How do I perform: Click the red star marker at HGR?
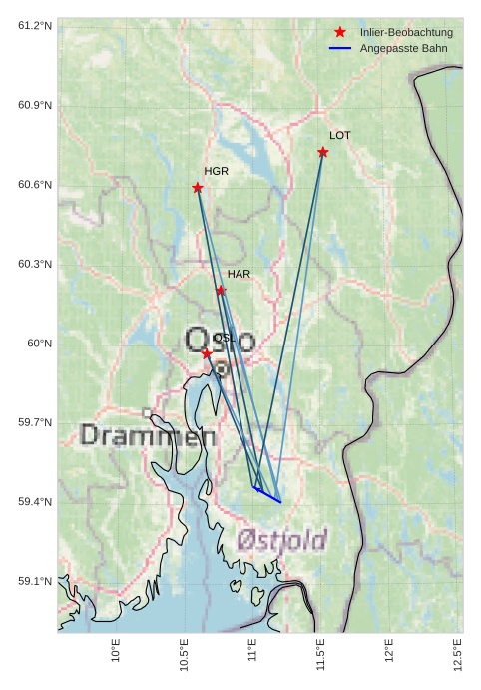coord(198,188)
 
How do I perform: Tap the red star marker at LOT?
coord(323,152)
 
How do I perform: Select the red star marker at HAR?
coord(221,290)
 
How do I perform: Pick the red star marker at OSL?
coord(207,353)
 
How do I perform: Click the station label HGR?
coord(216,171)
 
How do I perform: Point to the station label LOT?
coord(340,135)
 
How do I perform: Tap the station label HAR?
coord(239,273)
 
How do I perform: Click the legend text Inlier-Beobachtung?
coord(406,33)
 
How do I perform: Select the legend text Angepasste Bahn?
coord(403,48)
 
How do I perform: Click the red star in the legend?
coord(340,33)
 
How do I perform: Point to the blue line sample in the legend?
coord(340,48)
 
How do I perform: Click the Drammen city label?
coord(147,435)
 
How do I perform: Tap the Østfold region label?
coord(282,540)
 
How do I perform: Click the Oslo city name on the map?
coord(220,342)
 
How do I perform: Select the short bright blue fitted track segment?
coord(267,495)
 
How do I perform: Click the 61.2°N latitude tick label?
coord(35,24)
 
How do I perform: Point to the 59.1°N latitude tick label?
coord(35,581)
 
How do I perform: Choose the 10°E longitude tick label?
coord(116,654)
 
